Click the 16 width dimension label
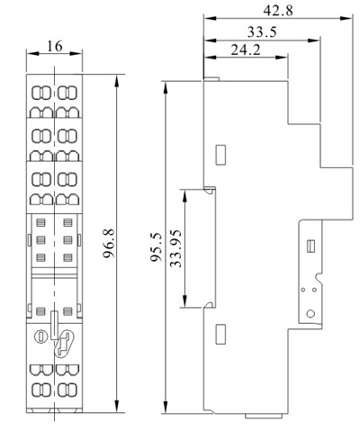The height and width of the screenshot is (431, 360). click(55, 47)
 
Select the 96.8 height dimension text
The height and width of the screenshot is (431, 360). click(109, 244)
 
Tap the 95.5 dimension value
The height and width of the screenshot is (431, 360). click(156, 247)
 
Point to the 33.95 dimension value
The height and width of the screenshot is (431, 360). click(175, 248)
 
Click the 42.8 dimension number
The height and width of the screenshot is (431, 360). click(278, 11)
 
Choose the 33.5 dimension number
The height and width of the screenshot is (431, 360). click(262, 31)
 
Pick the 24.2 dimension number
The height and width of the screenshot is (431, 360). click(246, 49)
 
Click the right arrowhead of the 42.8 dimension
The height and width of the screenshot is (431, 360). click(346, 18)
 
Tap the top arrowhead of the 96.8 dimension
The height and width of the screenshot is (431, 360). click(117, 79)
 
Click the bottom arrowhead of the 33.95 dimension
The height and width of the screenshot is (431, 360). click(184, 302)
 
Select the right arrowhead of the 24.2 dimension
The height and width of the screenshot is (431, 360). click(282, 57)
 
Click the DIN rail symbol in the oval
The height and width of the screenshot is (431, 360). click(64, 344)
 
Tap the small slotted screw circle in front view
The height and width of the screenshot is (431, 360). click(41, 336)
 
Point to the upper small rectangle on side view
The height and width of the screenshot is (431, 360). click(220, 155)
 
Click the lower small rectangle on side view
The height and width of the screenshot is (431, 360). click(220, 334)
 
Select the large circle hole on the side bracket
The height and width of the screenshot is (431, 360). click(310, 314)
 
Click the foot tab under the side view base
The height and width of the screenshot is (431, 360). click(264, 416)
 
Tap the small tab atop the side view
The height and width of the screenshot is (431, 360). click(211, 79)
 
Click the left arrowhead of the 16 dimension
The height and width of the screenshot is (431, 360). click(32, 53)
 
